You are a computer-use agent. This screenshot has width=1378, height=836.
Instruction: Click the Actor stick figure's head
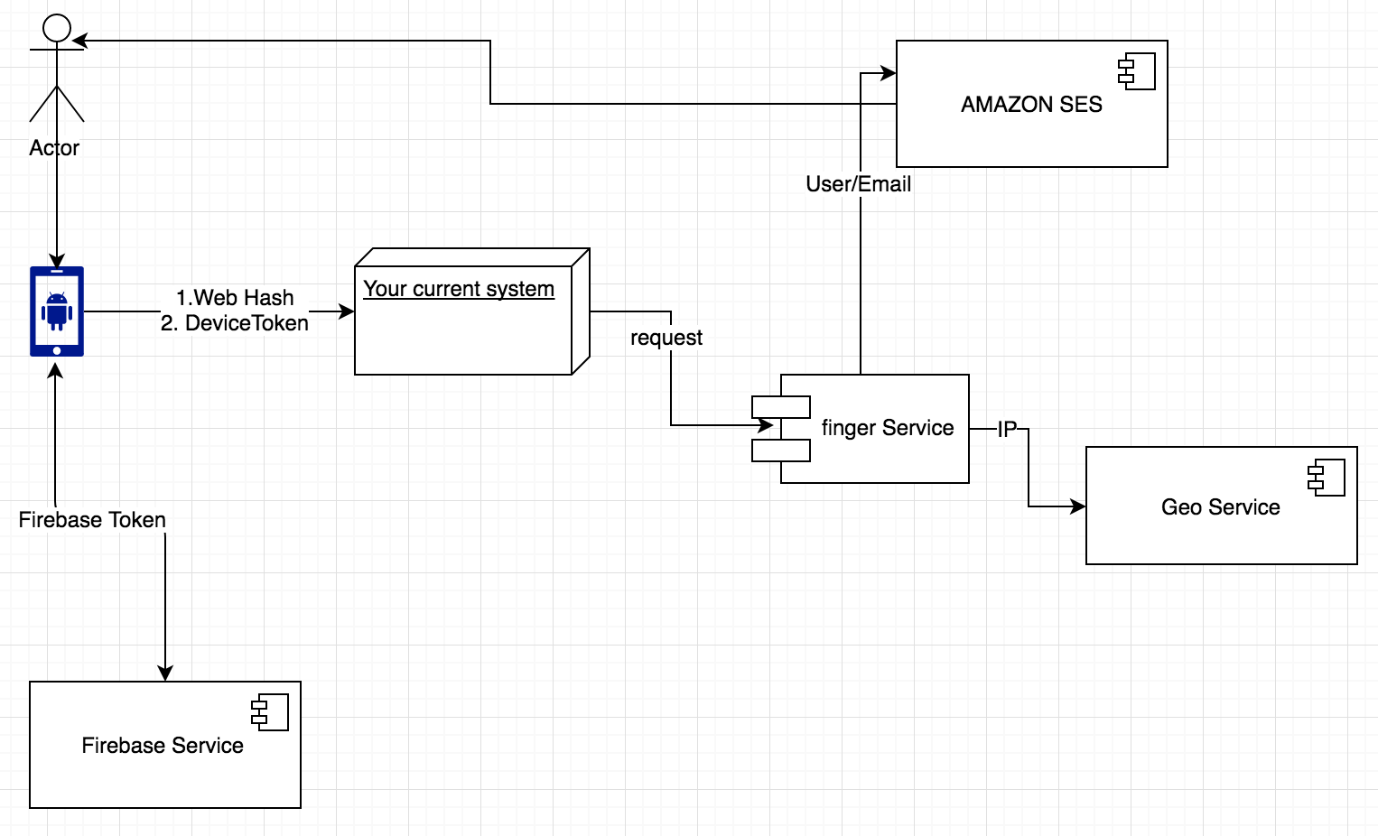[x=57, y=28]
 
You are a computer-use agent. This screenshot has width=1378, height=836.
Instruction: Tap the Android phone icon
[x=57, y=311]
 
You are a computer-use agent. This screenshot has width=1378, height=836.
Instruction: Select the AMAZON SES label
[x=1031, y=105]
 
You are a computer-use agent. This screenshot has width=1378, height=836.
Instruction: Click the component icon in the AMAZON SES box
[x=1137, y=72]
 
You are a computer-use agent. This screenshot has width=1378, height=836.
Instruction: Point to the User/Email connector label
[x=858, y=184]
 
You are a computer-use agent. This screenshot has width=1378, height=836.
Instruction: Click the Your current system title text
[x=459, y=289]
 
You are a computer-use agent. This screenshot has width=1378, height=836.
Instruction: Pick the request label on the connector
[x=666, y=338]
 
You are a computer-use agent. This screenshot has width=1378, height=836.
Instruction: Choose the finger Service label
[x=888, y=428]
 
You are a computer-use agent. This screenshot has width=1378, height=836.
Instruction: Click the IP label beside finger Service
[x=1007, y=430]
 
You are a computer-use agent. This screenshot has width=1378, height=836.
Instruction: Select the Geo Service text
[x=1220, y=507]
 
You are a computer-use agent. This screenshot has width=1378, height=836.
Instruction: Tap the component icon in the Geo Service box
[x=1327, y=478]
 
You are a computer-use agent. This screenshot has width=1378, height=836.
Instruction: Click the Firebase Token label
[x=92, y=520]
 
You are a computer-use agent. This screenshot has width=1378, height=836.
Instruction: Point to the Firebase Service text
[x=163, y=746]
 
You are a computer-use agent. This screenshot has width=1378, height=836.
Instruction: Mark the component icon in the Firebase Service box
[x=270, y=712]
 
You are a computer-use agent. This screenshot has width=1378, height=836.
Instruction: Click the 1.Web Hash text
[x=235, y=298]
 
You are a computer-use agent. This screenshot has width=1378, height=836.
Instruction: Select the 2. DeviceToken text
[x=235, y=323]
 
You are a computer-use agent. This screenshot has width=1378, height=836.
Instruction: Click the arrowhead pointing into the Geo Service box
[x=1078, y=506]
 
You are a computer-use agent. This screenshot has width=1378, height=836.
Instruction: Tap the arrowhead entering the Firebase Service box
[x=165, y=673]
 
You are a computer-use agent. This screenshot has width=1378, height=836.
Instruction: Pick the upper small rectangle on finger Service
[x=781, y=406]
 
